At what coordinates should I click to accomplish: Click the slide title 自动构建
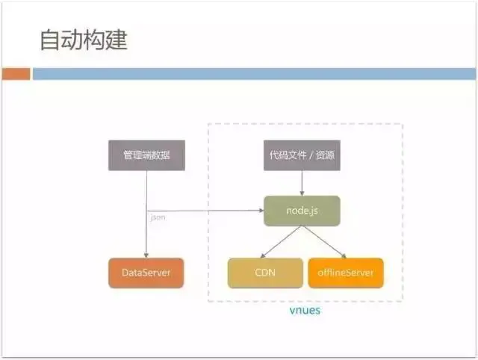84,40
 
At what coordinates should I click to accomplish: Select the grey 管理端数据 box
146,155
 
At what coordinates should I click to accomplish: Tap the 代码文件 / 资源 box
302,155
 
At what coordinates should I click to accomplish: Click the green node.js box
302,211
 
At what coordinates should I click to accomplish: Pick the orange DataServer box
146,273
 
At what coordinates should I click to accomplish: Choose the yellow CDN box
264,273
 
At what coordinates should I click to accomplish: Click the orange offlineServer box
346,273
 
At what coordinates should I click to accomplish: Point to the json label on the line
158,217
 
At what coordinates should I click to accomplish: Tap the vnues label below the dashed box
305,309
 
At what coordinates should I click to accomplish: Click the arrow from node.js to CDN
281,241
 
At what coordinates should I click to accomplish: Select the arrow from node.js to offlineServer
325,241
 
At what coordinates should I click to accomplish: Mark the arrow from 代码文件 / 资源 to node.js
302,183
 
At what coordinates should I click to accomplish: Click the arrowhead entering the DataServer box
146,255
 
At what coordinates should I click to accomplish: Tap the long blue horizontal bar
254,74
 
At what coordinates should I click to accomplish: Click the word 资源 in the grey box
326,155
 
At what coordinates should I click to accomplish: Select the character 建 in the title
117,40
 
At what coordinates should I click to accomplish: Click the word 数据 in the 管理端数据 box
161,155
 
